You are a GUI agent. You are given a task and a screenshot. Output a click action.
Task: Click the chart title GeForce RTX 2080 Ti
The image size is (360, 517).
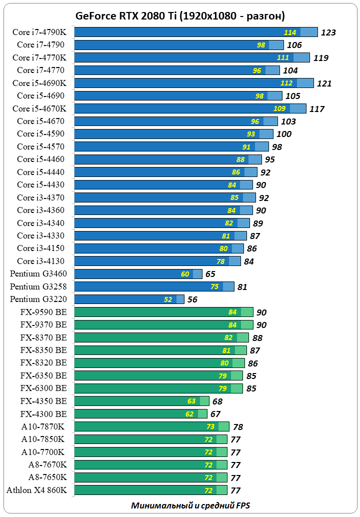tap(180, 16)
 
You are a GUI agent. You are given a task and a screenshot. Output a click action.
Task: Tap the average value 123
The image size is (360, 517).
tap(328, 33)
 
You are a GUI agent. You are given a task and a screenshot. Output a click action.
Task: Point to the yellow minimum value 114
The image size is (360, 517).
tap(290, 32)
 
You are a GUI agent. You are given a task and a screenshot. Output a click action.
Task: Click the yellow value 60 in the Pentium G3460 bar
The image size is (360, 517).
tap(185, 274)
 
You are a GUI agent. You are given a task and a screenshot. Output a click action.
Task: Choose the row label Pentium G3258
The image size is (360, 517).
tap(38, 286)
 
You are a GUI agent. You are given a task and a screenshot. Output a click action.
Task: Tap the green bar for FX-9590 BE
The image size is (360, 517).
tap(163, 312)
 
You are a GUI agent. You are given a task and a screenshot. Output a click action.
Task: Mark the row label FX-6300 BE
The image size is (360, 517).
tap(44, 388)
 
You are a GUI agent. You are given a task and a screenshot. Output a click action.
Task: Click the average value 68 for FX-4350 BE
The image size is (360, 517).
tap(217, 401)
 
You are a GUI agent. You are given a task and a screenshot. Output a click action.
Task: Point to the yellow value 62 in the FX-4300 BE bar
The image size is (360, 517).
tap(189, 414)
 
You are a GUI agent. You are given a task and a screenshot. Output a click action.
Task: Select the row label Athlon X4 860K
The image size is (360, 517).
tap(36, 490)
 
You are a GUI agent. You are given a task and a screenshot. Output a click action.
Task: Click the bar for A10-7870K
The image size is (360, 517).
tap(151, 426)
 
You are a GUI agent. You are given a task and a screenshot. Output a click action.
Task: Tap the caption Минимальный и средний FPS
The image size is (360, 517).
tap(190, 505)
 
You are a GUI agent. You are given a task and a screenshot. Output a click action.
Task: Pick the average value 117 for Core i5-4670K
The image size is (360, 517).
tap(317, 109)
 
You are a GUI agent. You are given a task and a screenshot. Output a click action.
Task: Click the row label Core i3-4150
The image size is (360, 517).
tap(40, 248)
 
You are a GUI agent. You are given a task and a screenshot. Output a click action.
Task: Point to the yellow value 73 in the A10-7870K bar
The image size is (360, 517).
tap(210, 426)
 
